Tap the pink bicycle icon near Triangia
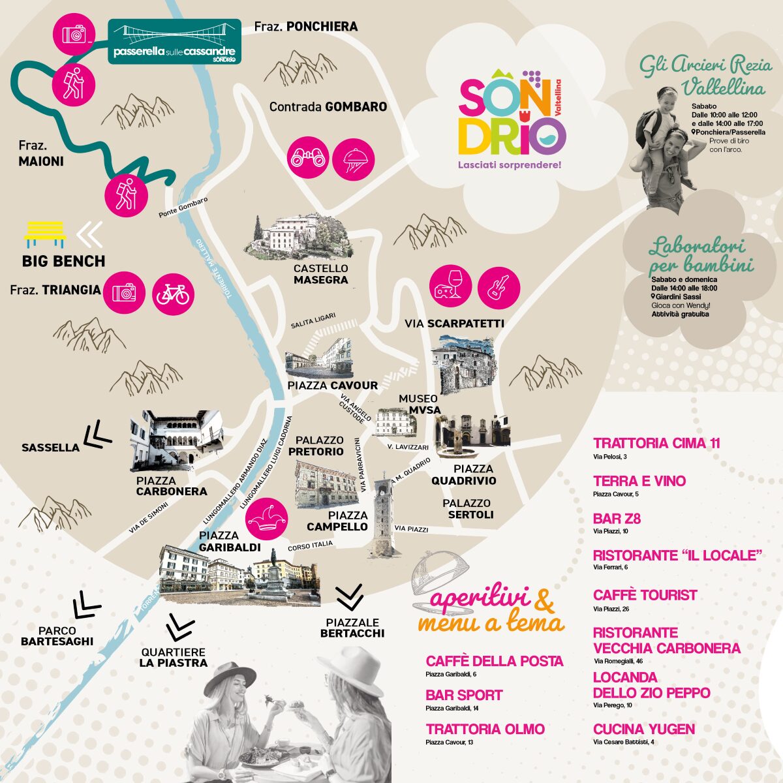pos(173,294)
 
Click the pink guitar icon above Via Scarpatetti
pos(499,286)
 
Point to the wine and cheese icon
pos(450,286)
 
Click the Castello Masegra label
pos(320,274)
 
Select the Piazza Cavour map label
pos(332,385)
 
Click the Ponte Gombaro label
pos(183,207)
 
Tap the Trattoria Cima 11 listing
pos(656,444)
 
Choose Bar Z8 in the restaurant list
pos(617,519)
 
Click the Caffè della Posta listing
pos(494,661)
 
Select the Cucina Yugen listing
pos(644,729)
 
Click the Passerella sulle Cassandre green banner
pos(174,42)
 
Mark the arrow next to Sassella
pos(96,434)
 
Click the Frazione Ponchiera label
pos(305,27)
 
